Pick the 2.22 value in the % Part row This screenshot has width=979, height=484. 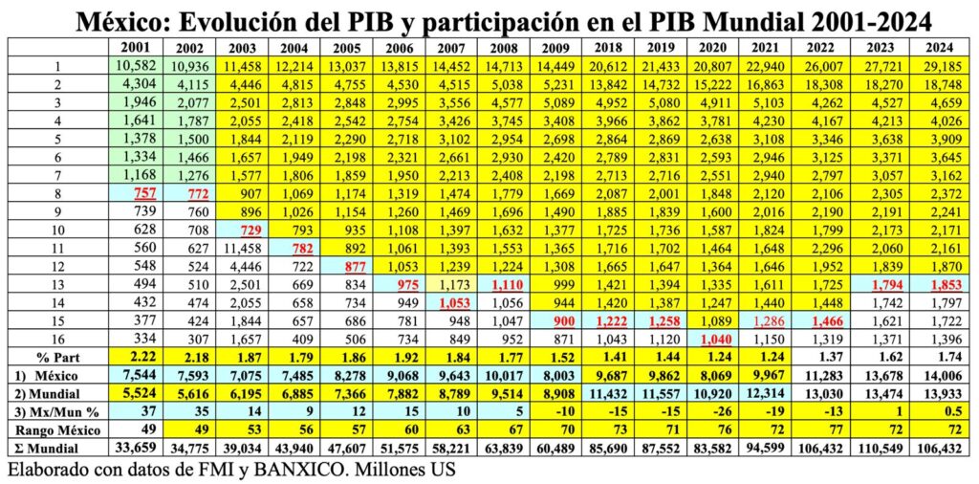tap(134, 358)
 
